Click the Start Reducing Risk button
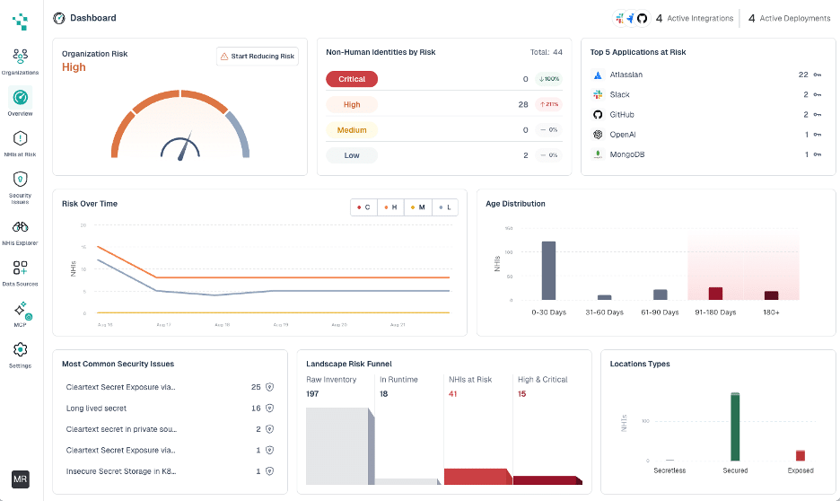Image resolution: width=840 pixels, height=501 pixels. (x=258, y=57)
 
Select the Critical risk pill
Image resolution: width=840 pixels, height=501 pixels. (x=352, y=79)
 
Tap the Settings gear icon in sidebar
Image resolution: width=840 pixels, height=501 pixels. (x=20, y=349)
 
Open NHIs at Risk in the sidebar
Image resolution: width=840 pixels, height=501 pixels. (x=20, y=138)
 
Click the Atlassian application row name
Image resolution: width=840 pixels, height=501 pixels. (x=626, y=75)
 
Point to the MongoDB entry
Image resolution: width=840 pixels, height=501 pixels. (x=628, y=154)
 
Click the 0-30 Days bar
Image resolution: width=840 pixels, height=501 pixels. (x=548, y=270)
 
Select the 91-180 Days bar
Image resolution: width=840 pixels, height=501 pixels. (x=715, y=294)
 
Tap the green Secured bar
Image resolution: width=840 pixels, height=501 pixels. (x=735, y=426)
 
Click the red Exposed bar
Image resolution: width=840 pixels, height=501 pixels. (x=801, y=455)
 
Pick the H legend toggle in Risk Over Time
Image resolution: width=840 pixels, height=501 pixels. (x=390, y=207)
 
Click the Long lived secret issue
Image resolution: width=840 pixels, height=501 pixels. (x=96, y=409)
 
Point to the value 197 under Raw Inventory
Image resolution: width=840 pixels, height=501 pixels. (x=312, y=394)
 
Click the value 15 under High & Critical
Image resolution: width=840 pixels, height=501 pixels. (x=521, y=394)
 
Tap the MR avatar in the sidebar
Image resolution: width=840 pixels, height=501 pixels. (x=20, y=479)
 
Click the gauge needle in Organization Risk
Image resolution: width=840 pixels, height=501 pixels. (x=185, y=147)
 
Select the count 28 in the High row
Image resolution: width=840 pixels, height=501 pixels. (x=523, y=105)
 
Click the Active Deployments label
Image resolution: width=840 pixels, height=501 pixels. (x=794, y=18)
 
